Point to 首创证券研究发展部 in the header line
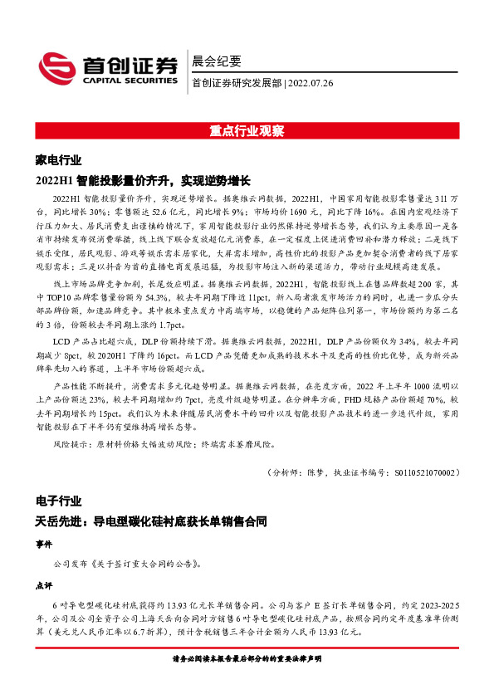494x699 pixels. tap(237, 83)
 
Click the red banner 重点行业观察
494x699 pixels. tap(247, 131)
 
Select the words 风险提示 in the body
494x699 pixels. tap(70, 445)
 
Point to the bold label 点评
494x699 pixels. tap(44, 584)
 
